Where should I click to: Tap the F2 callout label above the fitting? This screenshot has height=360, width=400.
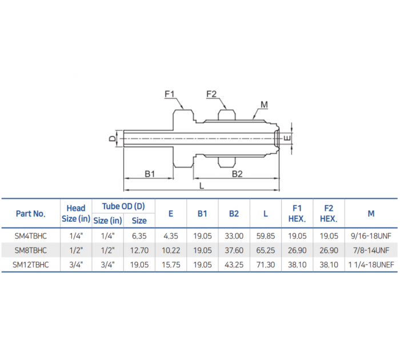click(211, 94)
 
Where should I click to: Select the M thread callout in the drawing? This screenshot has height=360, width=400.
click(264, 104)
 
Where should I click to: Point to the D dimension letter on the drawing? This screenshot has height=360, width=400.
click(113, 138)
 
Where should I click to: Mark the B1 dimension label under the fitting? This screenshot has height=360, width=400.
click(150, 173)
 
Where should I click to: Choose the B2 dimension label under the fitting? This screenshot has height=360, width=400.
click(237, 173)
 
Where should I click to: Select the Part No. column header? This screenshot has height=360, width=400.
click(31, 213)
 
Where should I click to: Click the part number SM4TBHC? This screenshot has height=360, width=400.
click(31, 235)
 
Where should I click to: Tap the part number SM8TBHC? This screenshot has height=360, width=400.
click(31, 250)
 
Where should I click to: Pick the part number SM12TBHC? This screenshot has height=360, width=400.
click(31, 264)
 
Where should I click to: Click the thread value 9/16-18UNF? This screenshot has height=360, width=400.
click(371, 235)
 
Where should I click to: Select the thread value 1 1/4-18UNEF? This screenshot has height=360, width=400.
click(371, 264)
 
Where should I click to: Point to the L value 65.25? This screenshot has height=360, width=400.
click(266, 250)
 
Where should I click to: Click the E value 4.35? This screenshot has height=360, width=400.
click(171, 235)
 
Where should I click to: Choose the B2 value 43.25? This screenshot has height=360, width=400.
click(234, 264)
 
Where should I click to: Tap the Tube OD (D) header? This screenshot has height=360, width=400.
click(123, 206)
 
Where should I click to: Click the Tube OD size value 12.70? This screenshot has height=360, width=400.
click(139, 250)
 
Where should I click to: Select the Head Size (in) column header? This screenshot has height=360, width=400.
click(75, 213)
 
